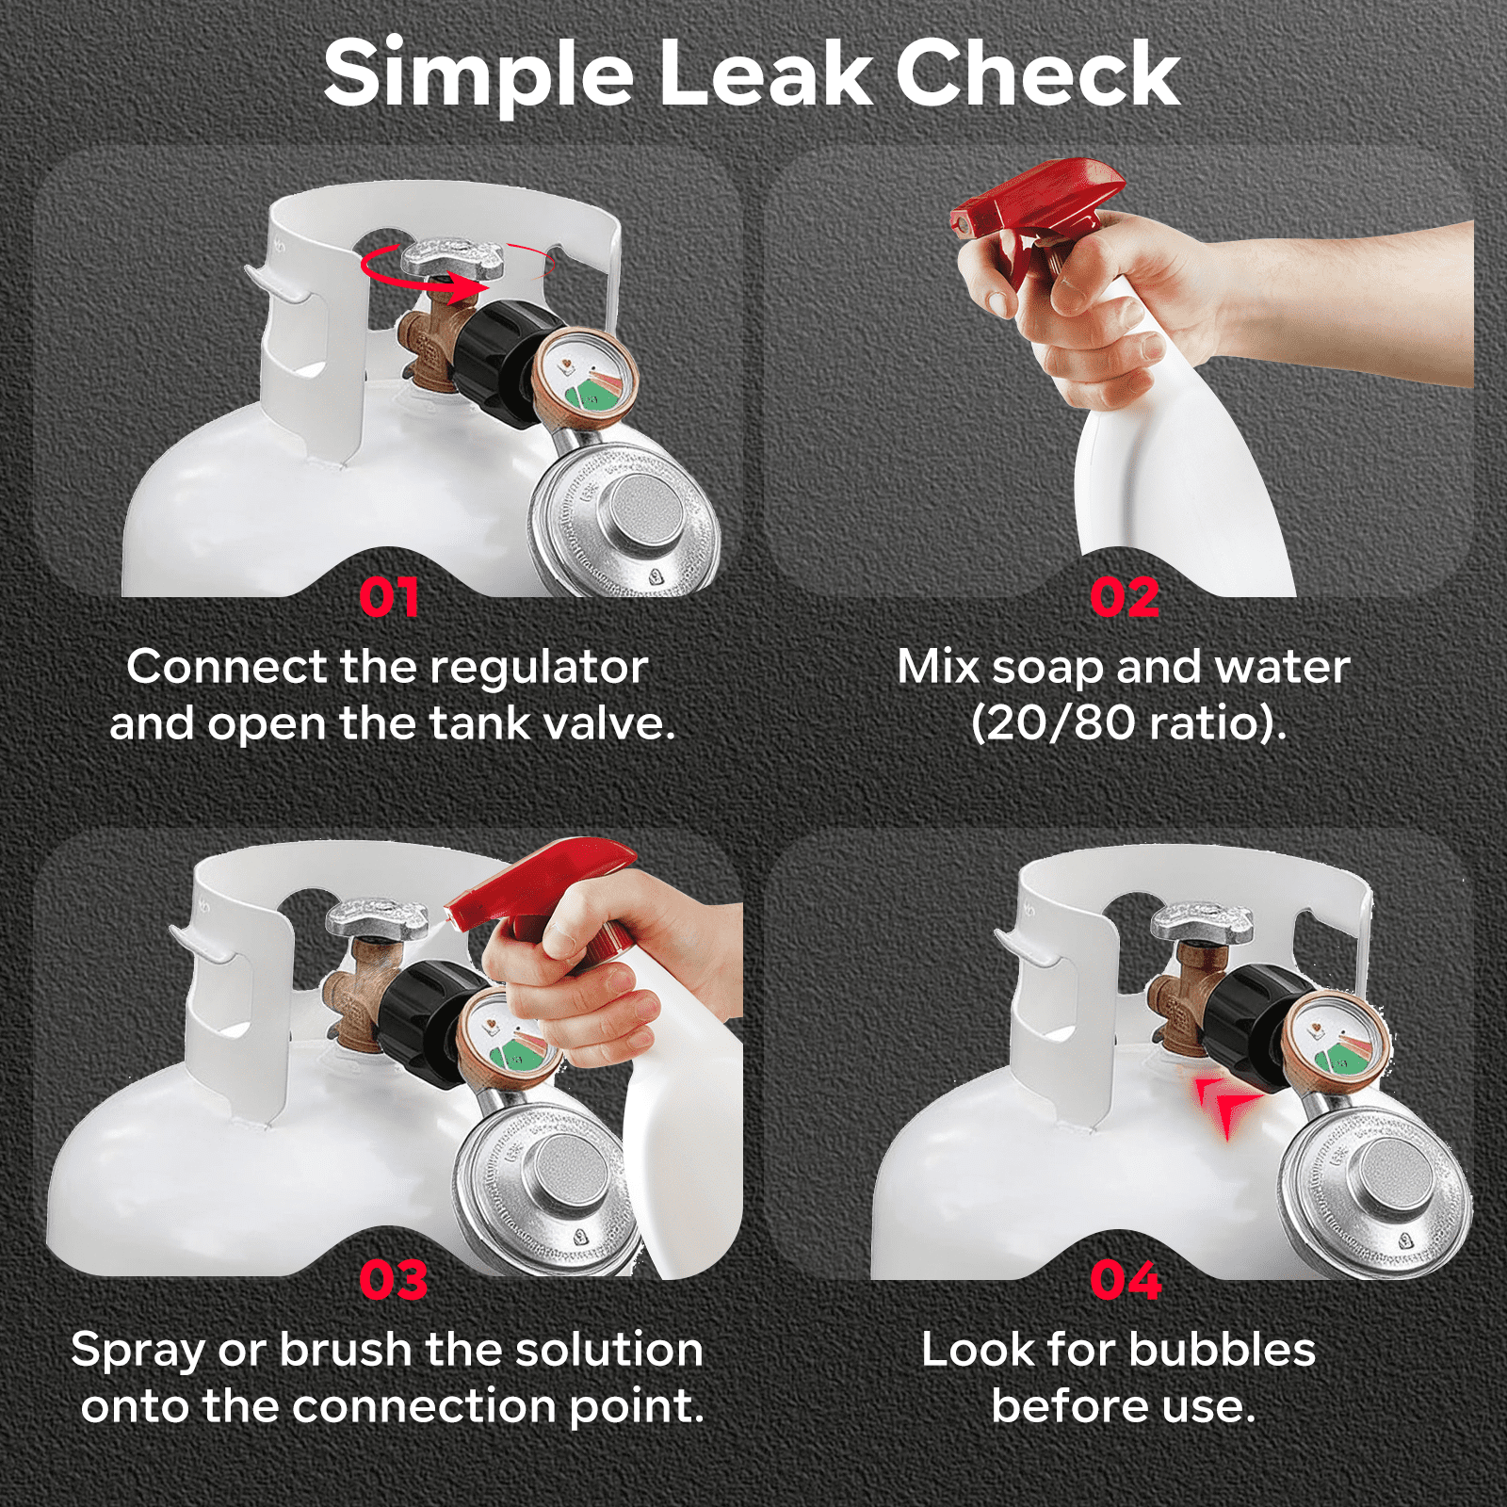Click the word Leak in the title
[x=767, y=75]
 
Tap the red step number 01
[x=389, y=598]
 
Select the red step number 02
[x=1125, y=598]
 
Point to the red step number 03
[x=394, y=1281]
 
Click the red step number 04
[x=1126, y=1281]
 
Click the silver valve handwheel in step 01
[x=452, y=257]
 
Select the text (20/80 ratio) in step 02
[x=1127, y=723]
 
